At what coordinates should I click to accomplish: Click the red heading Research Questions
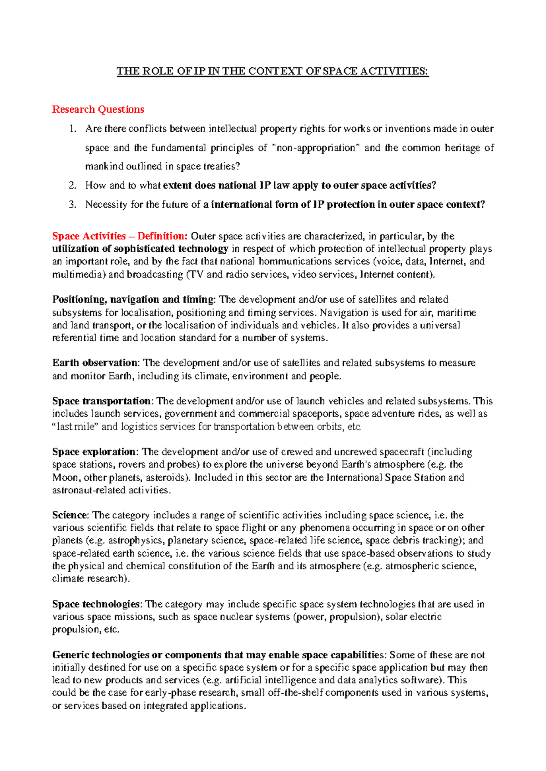tap(98, 110)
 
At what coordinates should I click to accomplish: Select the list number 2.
tap(72, 185)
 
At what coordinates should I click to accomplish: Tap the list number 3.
tap(72, 205)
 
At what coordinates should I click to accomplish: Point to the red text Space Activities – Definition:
tap(120, 236)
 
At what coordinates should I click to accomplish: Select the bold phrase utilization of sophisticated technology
tap(140, 249)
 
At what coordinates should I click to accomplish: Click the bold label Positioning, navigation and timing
tap(133, 300)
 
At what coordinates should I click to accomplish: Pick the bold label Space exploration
tap(94, 452)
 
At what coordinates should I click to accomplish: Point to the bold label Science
tap(70, 515)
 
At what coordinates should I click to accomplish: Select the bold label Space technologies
tap(97, 604)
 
